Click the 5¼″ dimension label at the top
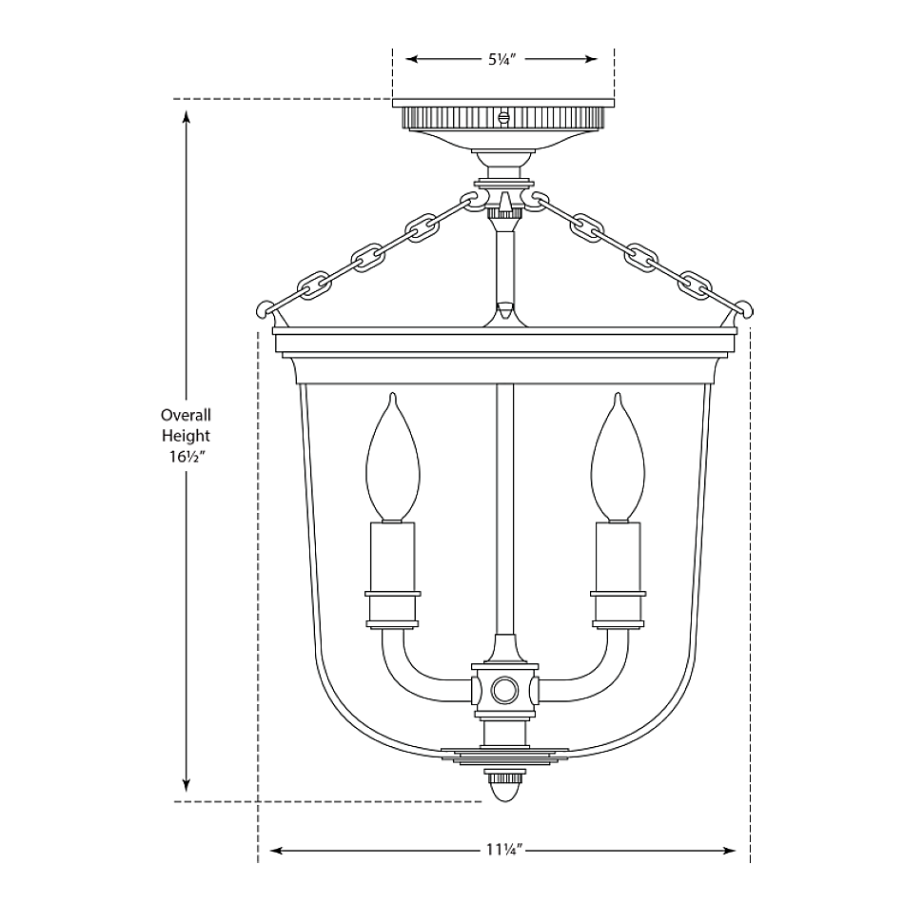click(501, 59)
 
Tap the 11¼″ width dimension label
click(501, 851)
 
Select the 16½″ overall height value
click(186, 457)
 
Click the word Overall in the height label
click(186, 415)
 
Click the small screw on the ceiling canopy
click(503, 116)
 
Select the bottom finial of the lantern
click(504, 785)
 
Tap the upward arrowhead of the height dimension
click(187, 117)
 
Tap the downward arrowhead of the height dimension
click(187, 784)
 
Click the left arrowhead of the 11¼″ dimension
click(277, 851)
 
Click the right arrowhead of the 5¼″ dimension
click(590, 59)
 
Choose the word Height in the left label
click(186, 436)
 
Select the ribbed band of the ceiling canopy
click(503, 117)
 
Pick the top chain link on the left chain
click(473, 202)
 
